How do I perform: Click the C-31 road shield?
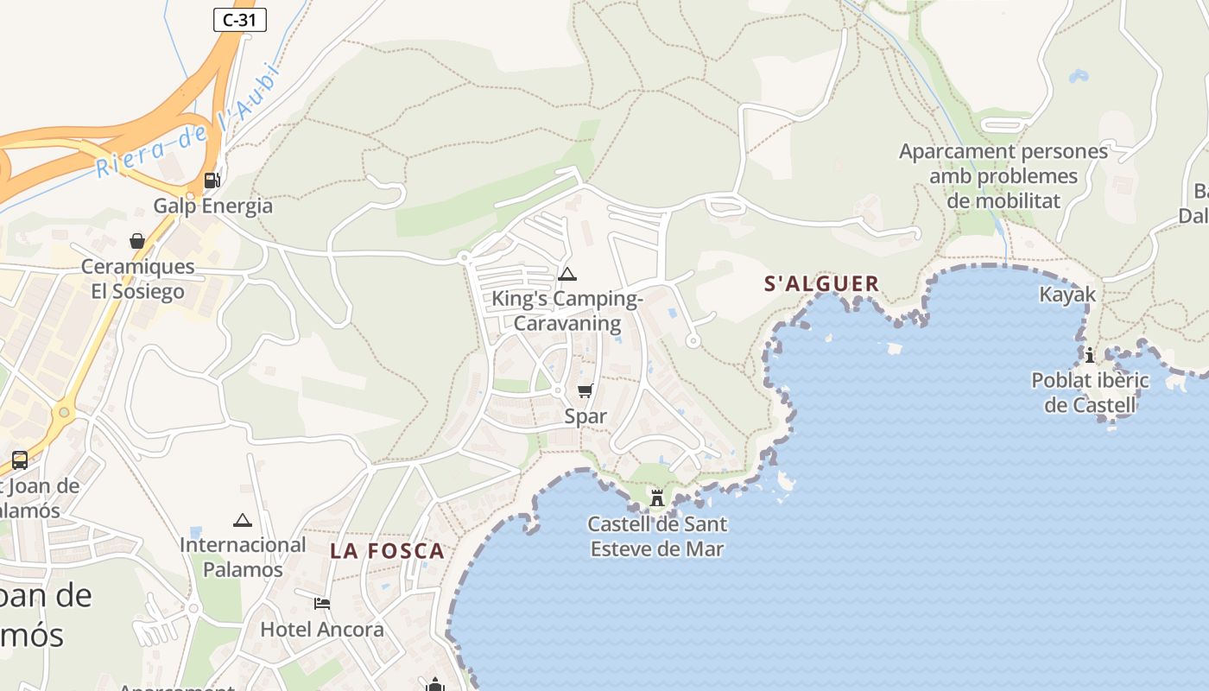tap(239, 20)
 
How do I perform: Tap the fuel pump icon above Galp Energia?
tap(212, 181)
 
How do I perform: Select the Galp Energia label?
tap(212, 206)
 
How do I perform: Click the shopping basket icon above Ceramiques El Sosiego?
tap(137, 241)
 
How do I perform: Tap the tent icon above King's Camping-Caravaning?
tap(567, 275)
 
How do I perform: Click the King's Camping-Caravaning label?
tap(567, 312)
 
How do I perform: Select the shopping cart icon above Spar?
tap(585, 391)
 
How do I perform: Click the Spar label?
tap(586, 416)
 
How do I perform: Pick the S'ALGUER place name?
tap(822, 283)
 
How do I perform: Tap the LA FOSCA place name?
tap(387, 551)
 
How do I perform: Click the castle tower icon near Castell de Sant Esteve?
tap(657, 498)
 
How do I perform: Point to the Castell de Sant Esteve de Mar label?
tap(657, 536)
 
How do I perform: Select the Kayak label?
tap(1067, 295)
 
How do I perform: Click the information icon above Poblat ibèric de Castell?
tap(1090, 355)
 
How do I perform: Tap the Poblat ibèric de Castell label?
tap(1090, 392)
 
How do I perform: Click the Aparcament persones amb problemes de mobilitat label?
tap(1003, 176)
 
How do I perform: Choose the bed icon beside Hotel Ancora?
tap(322, 603)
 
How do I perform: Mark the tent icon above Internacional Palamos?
tap(243, 520)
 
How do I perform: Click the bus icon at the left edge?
tap(20, 460)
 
